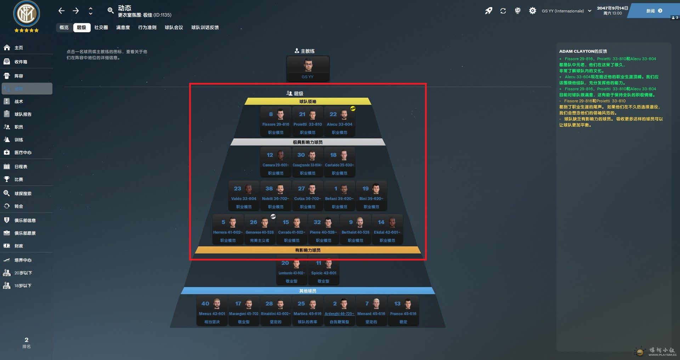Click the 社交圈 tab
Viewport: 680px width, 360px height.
101,28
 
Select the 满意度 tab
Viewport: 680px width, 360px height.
123,28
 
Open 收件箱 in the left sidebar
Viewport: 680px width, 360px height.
21,62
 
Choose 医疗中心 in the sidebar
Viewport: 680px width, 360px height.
23,153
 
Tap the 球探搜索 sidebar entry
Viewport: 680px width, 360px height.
23,194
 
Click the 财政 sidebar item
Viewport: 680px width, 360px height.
18,246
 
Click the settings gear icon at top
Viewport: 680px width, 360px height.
532,11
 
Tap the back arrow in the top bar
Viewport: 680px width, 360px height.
61,11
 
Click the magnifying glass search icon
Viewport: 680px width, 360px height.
110,11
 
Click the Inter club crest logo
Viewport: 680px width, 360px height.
27,14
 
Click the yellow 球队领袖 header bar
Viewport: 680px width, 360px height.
308,102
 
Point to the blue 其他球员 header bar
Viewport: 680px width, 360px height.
308,291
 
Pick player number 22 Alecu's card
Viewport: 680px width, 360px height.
339,122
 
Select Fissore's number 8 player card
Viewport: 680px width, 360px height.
276,122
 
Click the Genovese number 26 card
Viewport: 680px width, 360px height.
260,230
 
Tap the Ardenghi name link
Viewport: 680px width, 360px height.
339,314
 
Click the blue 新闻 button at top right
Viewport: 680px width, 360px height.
654,11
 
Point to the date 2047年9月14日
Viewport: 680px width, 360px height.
612,8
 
